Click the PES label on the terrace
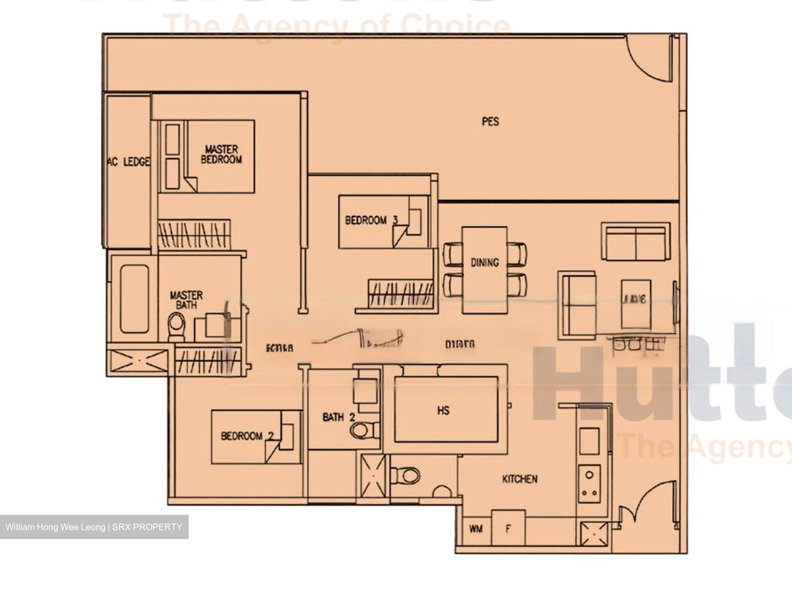[490, 122]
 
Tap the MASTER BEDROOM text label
[221, 155]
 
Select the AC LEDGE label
[128, 162]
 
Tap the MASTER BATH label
[186, 300]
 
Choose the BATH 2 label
[338, 417]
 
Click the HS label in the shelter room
[443, 410]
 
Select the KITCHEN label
[519, 479]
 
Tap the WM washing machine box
[476, 529]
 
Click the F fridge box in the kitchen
[508, 529]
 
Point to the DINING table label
[485, 262]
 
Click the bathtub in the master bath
[135, 299]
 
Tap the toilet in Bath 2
[364, 430]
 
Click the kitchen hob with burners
[590, 483]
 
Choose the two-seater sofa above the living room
[636, 242]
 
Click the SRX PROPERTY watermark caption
[94, 527]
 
